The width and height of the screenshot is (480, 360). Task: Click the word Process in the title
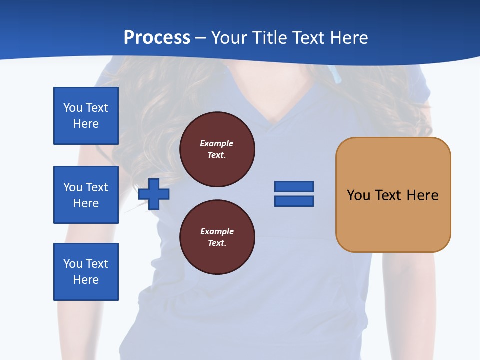tap(157, 38)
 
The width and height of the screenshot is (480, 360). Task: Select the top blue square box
tap(86, 116)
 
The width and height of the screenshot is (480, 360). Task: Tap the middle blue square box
tap(86, 195)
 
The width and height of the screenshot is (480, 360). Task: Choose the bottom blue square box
tap(86, 272)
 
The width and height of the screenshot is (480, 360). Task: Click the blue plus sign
tap(154, 194)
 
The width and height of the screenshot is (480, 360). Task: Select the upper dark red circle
tap(217, 149)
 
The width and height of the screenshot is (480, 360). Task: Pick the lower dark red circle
tap(217, 237)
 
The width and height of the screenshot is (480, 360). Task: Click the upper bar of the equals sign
tap(294, 186)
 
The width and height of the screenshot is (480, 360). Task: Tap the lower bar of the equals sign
tap(294, 201)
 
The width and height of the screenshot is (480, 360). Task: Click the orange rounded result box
tap(393, 194)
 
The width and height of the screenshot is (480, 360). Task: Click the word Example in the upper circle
tap(217, 143)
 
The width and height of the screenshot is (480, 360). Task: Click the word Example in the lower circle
tap(217, 231)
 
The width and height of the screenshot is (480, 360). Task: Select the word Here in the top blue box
tap(86, 124)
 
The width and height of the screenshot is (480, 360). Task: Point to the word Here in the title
tap(349, 38)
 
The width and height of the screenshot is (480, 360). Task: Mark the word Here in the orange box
tap(422, 195)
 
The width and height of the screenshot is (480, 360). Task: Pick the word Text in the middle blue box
tap(97, 187)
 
